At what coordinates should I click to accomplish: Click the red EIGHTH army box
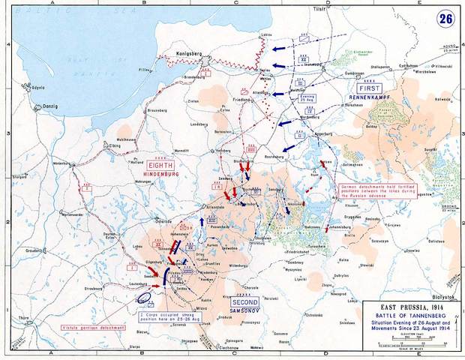(163, 165)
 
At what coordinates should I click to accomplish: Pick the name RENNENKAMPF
(365, 97)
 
